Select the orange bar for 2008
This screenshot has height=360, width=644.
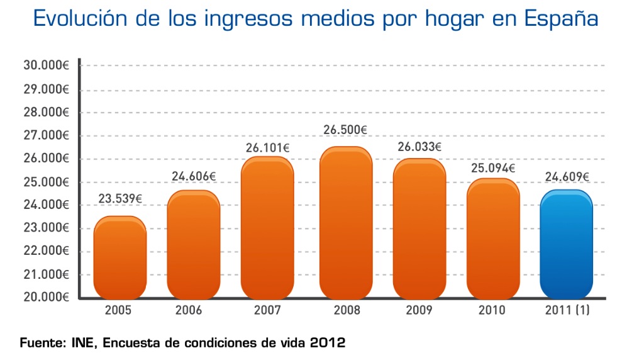[x=346, y=223]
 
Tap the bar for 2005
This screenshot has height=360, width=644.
[x=120, y=257]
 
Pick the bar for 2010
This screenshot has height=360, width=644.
[x=492, y=239]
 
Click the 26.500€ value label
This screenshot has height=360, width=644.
[x=345, y=130]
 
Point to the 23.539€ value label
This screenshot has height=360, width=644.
[x=120, y=199]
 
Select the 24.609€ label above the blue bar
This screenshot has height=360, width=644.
[x=567, y=177]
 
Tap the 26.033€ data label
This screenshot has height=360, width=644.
[x=419, y=147]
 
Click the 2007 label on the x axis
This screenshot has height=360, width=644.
[x=267, y=310]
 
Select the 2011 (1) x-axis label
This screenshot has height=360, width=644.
[x=567, y=310]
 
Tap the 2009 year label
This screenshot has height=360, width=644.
[x=419, y=310]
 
